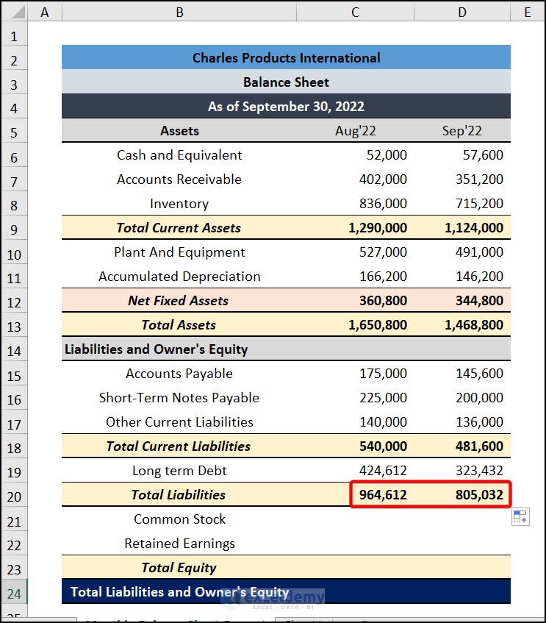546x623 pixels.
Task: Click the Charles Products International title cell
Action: click(x=286, y=58)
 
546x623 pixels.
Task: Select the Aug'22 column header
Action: click(x=355, y=131)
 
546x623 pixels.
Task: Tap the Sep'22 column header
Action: click(x=461, y=131)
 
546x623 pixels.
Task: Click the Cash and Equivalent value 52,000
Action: click(x=387, y=155)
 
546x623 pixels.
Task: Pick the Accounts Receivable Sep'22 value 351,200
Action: click(x=474, y=179)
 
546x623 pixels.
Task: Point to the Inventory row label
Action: click(x=179, y=204)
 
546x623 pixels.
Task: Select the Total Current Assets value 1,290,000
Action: click(x=378, y=228)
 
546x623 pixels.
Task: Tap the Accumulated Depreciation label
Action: click(x=179, y=277)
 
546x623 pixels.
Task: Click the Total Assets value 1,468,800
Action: click(x=474, y=325)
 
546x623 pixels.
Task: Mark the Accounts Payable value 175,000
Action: click(x=383, y=374)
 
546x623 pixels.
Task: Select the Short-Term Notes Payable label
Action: click(x=179, y=398)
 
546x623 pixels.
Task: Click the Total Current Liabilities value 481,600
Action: click(x=474, y=446)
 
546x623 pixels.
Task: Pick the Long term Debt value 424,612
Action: click(x=383, y=471)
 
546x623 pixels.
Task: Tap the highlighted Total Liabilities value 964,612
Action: click(x=383, y=495)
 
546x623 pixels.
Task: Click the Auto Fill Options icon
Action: click(x=520, y=517)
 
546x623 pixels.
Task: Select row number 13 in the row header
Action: click(x=15, y=326)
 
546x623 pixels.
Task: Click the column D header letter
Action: click(x=461, y=12)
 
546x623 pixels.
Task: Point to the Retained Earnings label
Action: click(x=179, y=544)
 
